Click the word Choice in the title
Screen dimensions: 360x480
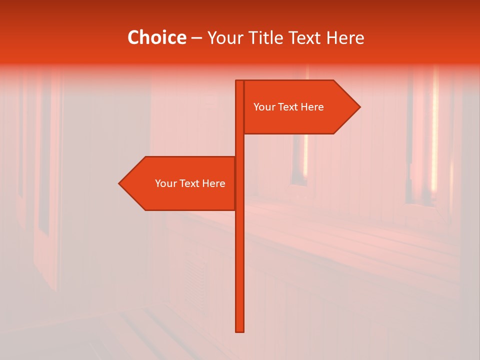pyautogui.click(x=156, y=37)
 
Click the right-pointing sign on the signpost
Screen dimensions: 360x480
pyautogui.click(x=300, y=107)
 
